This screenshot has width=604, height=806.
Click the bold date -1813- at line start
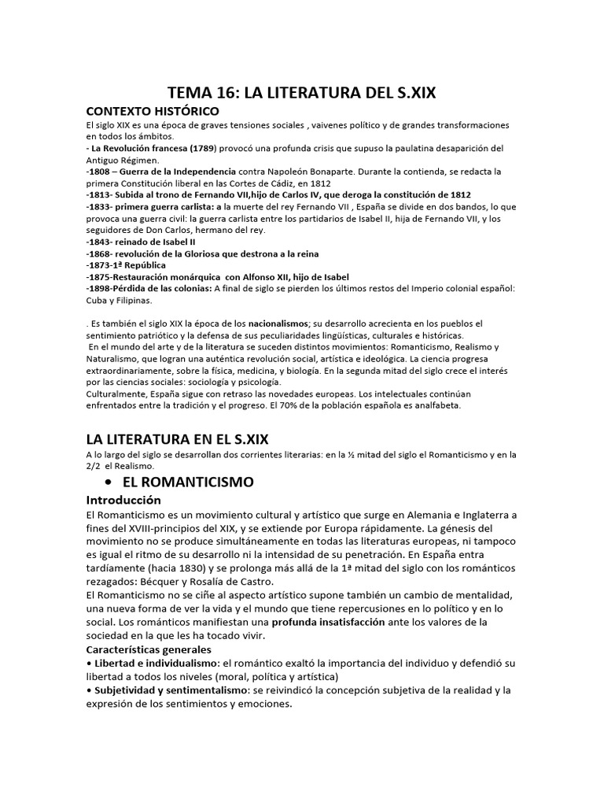[x=101, y=194]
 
